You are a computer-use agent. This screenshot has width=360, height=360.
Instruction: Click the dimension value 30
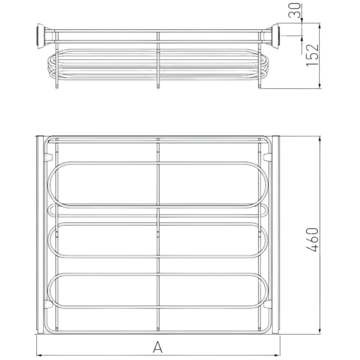tap(294, 10)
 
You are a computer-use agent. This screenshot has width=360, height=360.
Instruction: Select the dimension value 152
tap(312, 55)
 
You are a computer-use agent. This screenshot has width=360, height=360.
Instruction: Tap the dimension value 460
tap(312, 240)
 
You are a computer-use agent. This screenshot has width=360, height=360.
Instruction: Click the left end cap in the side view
tap(41, 36)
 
